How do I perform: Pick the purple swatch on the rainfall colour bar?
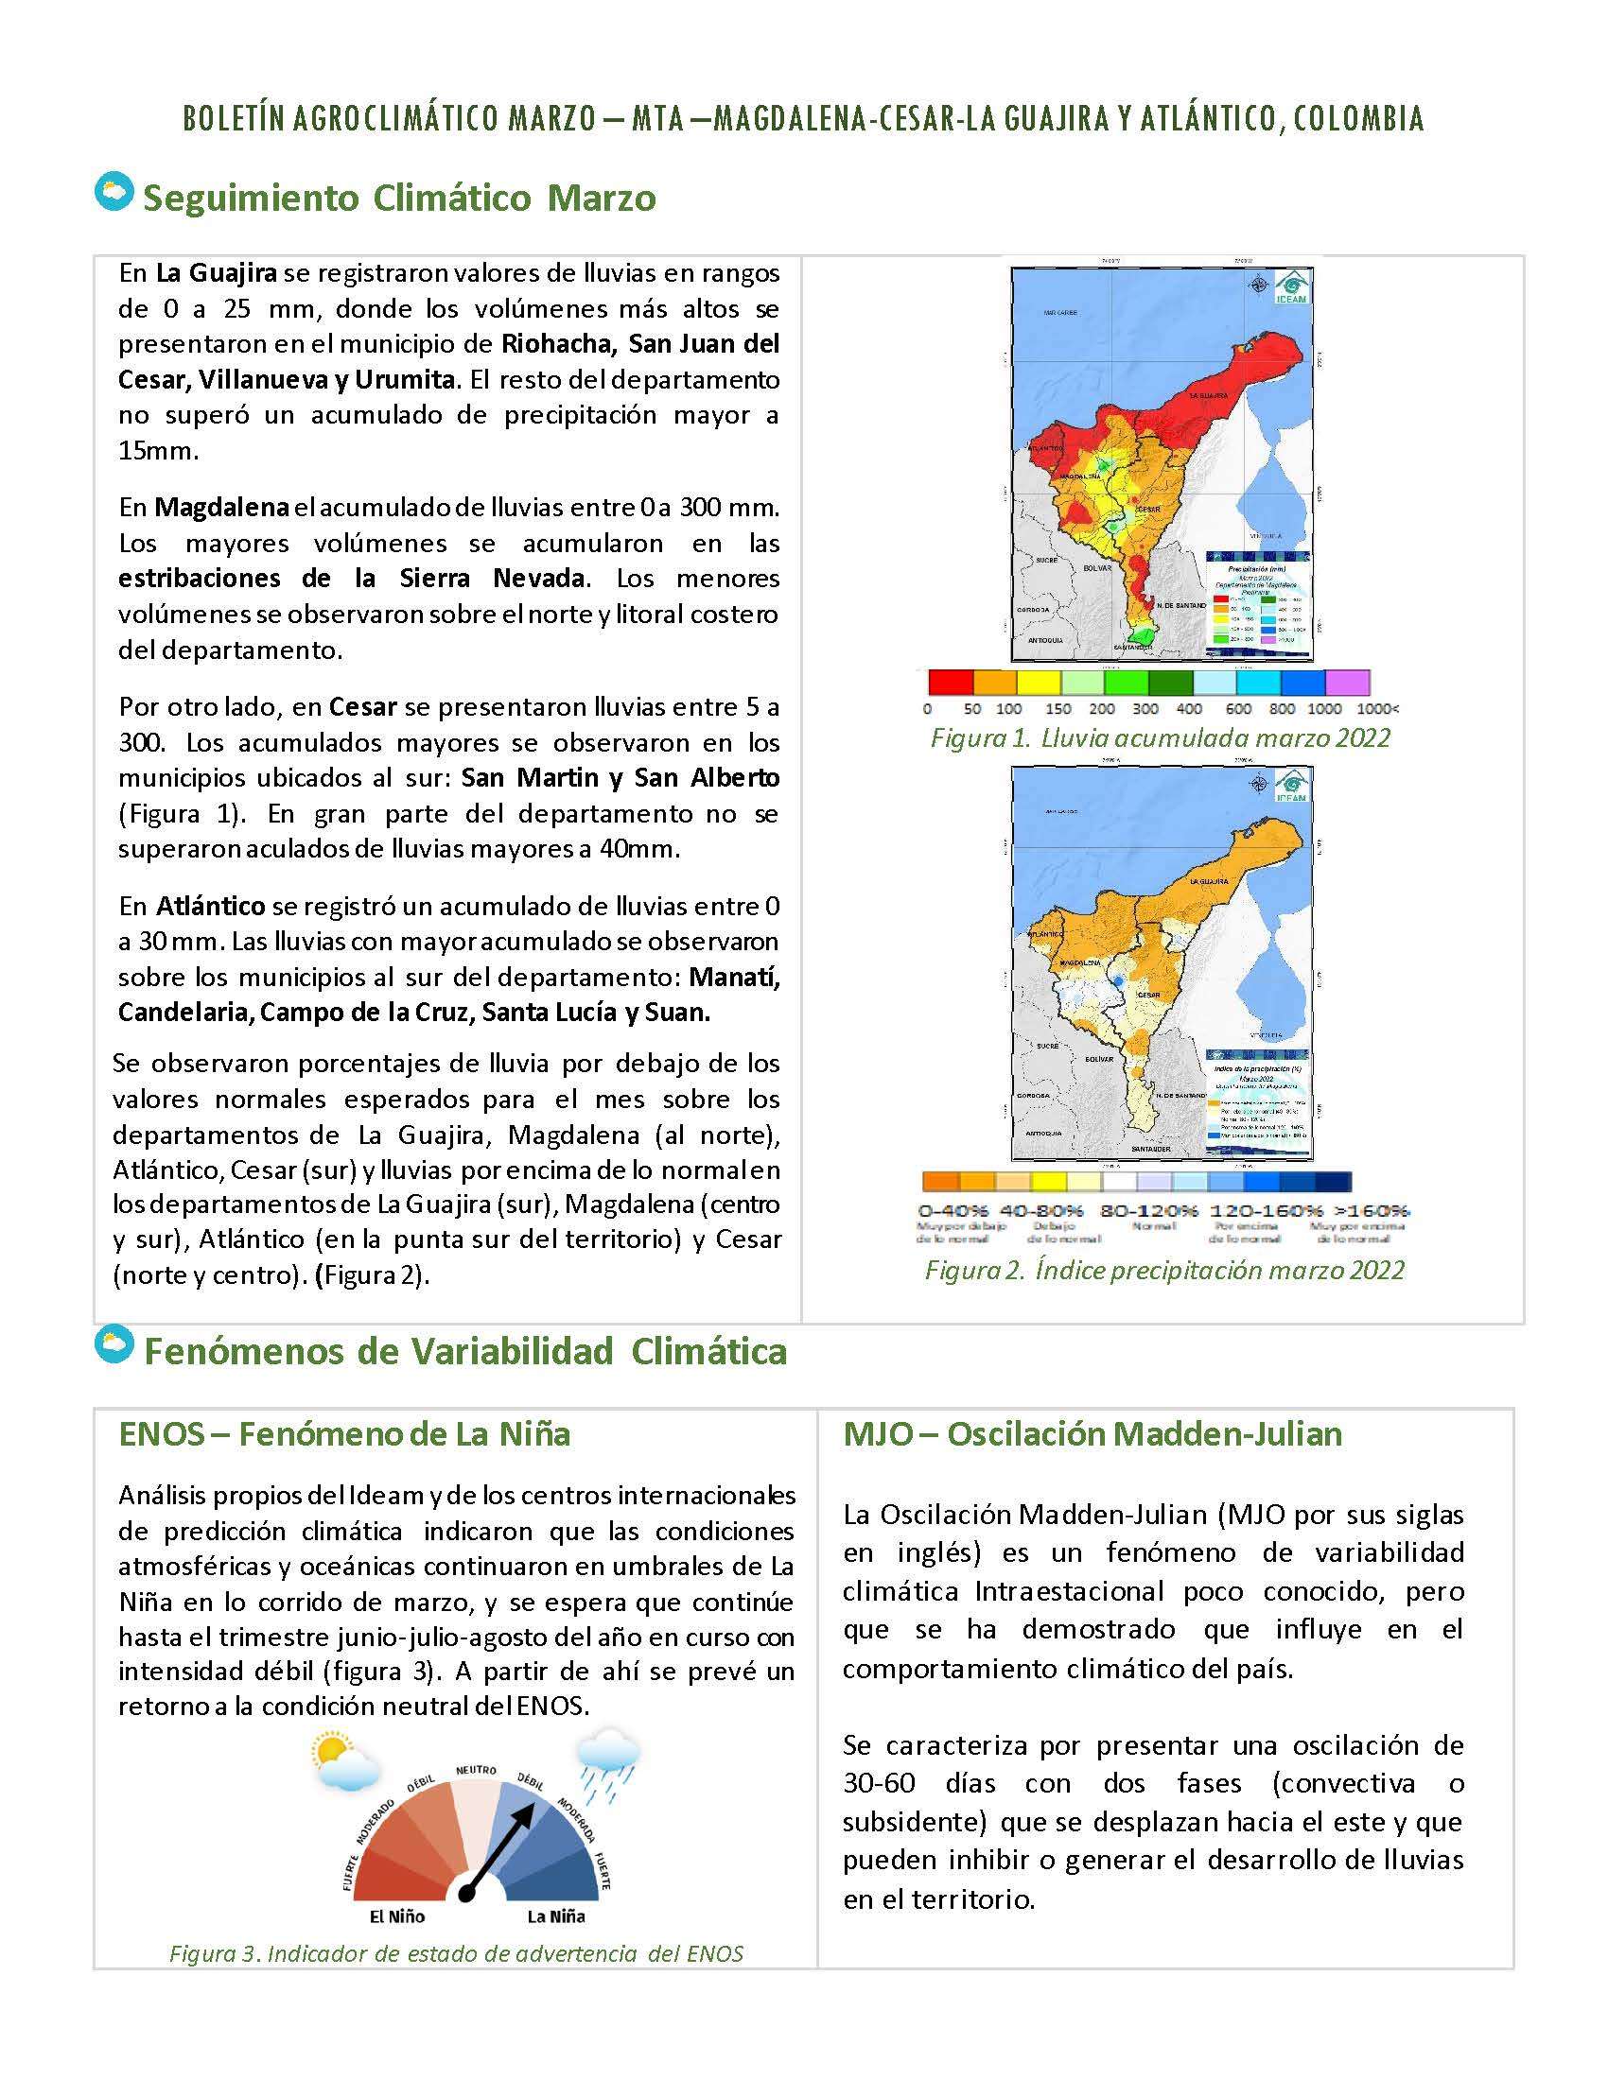[1347, 682]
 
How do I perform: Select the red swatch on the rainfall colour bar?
[950, 682]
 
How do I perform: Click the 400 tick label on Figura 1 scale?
[1189, 708]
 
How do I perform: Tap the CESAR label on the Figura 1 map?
[1148, 510]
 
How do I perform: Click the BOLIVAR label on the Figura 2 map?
[1099, 1059]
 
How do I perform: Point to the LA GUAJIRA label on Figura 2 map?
[1208, 882]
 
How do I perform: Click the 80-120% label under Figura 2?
[1149, 1211]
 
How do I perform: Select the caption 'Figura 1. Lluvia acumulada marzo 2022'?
[1161, 738]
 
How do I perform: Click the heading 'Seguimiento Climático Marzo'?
[399, 199]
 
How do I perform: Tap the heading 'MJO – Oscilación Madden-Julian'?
[1092, 1433]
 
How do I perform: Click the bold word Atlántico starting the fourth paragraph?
[211, 906]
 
